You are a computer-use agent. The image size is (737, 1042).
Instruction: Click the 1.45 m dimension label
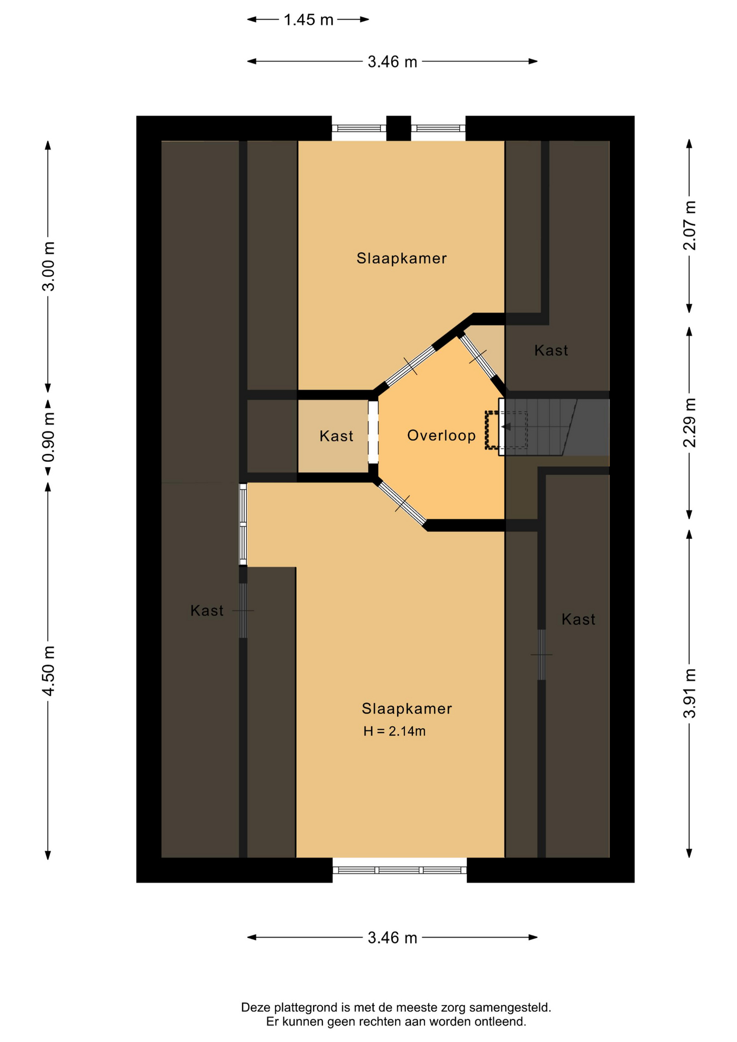(308, 20)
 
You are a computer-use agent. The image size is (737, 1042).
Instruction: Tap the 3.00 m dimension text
(49, 266)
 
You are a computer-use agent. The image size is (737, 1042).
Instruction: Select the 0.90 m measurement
(49, 437)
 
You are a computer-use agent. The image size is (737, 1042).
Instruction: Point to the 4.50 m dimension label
(49, 671)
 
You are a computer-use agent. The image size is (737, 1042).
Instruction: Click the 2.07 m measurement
(689, 225)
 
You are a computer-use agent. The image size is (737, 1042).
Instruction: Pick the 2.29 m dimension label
(689, 423)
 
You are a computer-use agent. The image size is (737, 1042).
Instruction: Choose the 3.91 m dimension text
(689, 693)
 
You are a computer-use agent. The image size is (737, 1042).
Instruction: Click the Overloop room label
(441, 435)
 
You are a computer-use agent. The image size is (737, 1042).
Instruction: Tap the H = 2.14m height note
(395, 731)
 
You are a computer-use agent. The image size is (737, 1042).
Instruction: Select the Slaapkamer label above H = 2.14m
(406, 708)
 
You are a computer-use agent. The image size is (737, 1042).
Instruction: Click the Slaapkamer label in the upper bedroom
(402, 258)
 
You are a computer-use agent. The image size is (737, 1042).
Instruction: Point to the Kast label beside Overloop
(336, 436)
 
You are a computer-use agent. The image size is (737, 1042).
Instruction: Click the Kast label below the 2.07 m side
(551, 350)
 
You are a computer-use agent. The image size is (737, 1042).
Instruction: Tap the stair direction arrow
(506, 427)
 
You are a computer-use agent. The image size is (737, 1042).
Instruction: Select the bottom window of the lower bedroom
(399, 870)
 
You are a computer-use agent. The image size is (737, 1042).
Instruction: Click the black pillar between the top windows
(398, 129)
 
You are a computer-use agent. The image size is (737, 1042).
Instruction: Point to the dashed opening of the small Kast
(373, 432)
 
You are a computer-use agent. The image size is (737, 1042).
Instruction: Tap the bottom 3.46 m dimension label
(392, 938)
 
